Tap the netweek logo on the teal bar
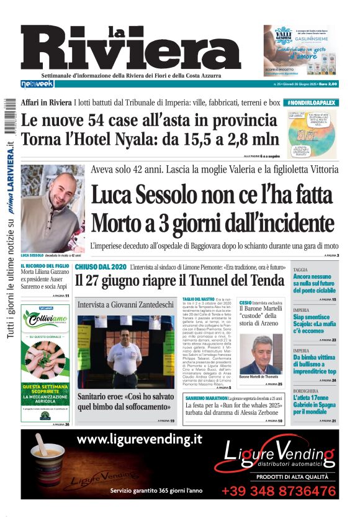click(x=38, y=84)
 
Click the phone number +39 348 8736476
click(x=279, y=491)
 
